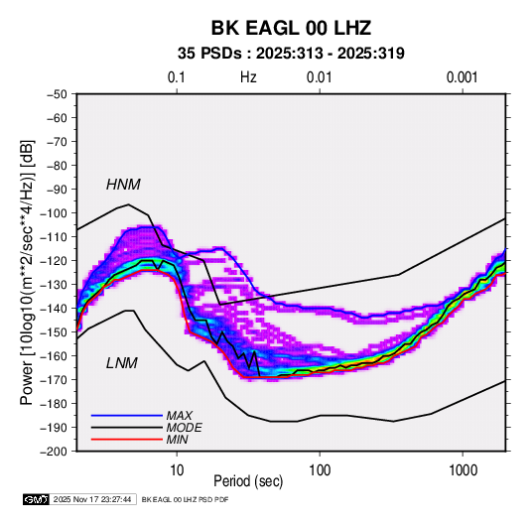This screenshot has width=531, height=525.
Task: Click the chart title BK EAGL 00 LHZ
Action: (291, 28)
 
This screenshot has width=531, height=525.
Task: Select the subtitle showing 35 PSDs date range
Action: (291, 54)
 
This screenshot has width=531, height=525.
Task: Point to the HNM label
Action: (123, 185)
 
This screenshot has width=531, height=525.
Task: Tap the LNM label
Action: (122, 363)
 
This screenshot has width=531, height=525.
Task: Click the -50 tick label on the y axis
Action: (57, 94)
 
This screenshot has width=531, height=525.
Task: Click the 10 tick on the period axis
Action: (177, 470)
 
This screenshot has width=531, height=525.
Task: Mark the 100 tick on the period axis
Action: (320, 470)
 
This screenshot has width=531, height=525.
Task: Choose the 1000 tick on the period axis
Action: (463, 470)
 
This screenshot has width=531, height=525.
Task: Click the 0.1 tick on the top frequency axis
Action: (177, 77)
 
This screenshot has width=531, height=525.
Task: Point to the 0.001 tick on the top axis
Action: (462, 77)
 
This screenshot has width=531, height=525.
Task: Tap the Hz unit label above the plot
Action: (248, 77)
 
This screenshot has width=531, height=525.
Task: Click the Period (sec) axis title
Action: (248, 481)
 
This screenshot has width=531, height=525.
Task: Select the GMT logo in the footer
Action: (37, 499)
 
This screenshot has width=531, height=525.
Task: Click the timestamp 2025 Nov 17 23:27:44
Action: (92, 499)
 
